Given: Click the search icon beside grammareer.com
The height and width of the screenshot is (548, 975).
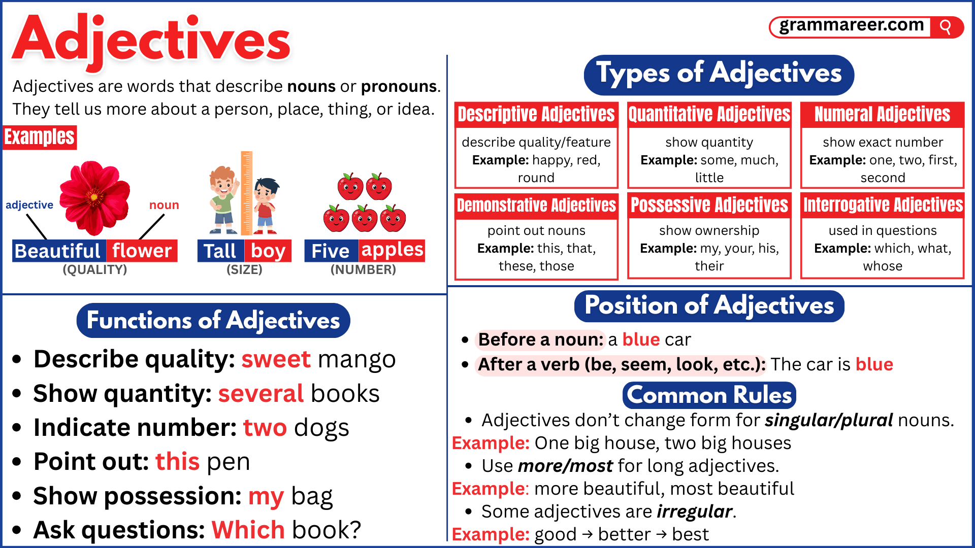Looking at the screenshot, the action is point(946,26).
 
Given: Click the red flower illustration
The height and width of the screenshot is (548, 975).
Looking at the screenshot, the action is point(94,198).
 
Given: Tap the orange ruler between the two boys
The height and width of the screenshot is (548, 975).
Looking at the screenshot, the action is point(246,193).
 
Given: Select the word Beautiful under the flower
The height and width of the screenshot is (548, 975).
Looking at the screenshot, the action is point(58,251).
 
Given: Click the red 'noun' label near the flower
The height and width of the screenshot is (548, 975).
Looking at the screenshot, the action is point(164,205).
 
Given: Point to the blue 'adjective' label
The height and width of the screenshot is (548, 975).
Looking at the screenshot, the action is point(29,205).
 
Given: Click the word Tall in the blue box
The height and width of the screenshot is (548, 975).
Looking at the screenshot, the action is point(220,251).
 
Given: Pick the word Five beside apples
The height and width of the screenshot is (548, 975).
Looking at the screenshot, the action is point(331,251).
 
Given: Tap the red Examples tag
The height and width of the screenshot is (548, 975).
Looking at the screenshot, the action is point(40,137).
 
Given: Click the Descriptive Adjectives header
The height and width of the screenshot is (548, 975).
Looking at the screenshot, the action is point(536,114).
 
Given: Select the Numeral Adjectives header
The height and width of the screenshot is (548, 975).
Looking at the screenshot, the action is point(883,114).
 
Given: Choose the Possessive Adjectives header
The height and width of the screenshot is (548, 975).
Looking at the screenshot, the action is point(709,205).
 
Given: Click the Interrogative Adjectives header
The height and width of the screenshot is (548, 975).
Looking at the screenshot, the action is point(883,205).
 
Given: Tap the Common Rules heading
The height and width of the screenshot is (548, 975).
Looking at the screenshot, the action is point(709,395).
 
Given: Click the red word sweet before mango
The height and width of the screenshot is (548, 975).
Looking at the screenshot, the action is point(276,359).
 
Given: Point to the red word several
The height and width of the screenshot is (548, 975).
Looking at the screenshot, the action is point(261,394).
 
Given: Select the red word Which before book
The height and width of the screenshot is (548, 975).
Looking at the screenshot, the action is point(248,530).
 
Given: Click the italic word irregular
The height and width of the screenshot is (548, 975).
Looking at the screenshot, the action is point(694,511).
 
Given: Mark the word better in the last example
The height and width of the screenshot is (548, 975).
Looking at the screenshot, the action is point(624,534).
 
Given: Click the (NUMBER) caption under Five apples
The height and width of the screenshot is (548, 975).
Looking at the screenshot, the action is point(363,269).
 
